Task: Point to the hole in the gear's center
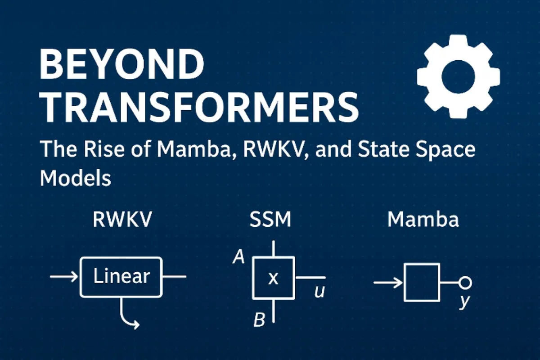tap(458, 76)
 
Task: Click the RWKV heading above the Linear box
tap(122, 220)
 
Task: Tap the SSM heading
tap(270, 220)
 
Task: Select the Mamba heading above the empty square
tap(423, 220)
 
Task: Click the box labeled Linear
tap(121, 277)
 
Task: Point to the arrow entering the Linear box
tap(64, 277)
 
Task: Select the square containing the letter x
tap(274, 278)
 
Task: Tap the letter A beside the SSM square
tap(239, 257)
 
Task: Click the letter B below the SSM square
tap(259, 320)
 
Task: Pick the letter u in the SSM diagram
tap(320, 292)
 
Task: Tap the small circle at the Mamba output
tap(465, 283)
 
